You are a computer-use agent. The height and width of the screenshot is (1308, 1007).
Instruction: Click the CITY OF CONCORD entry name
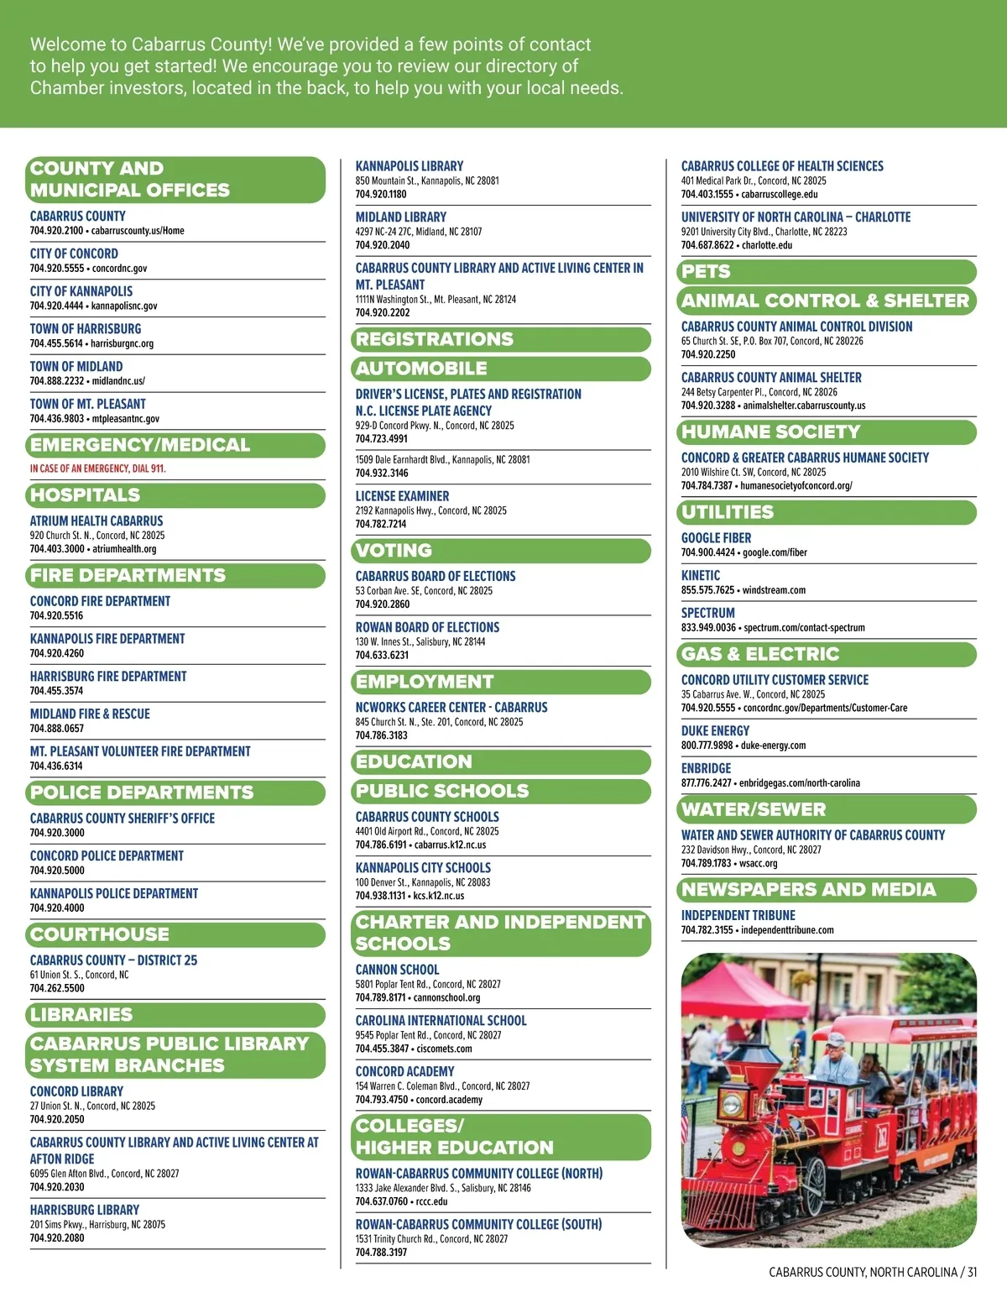(x=74, y=254)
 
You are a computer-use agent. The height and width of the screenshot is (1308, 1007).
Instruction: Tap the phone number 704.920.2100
(x=56, y=231)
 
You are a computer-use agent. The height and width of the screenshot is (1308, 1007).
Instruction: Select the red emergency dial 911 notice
(x=97, y=468)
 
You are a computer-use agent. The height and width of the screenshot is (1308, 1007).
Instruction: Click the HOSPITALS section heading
(x=85, y=495)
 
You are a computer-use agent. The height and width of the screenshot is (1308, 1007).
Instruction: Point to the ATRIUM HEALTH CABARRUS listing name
(x=97, y=521)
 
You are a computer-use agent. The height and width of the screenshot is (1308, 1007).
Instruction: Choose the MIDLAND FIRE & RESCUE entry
(x=90, y=714)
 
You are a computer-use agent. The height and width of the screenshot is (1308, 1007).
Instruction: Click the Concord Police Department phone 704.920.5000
(x=57, y=871)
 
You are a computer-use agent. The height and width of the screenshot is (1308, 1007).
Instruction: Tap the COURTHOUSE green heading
(x=99, y=934)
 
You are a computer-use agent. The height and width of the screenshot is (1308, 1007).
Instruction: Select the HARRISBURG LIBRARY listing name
(x=85, y=1211)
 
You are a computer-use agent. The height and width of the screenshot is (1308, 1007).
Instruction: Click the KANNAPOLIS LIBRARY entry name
(x=409, y=166)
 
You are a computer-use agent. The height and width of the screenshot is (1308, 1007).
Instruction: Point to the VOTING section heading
(x=394, y=551)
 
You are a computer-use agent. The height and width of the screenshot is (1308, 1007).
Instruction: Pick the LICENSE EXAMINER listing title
(x=402, y=496)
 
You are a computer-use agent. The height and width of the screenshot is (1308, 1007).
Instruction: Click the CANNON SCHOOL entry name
(x=397, y=970)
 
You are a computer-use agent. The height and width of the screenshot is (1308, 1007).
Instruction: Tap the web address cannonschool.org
(x=446, y=998)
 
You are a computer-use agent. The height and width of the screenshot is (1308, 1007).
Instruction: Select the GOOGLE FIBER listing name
(x=716, y=538)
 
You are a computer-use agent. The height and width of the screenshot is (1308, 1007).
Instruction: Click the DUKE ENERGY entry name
(x=715, y=731)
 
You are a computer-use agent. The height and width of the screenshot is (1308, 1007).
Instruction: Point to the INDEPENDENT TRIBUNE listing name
(x=738, y=916)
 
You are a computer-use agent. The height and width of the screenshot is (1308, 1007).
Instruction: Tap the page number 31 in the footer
(x=972, y=1272)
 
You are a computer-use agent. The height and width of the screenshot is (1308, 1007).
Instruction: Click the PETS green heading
(x=706, y=272)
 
